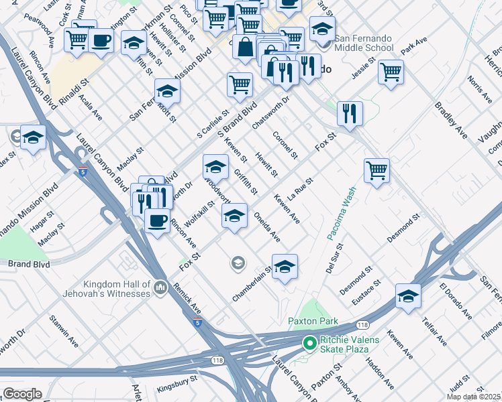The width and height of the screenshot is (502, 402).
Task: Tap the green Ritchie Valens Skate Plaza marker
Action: coord(309,344)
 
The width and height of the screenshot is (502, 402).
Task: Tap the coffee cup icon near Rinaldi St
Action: coord(101,41)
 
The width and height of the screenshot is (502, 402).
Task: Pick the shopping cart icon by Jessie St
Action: coord(391,71)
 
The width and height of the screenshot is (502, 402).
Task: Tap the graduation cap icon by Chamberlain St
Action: coord(285,267)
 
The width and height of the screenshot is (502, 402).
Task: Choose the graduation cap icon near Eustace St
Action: coord(408,295)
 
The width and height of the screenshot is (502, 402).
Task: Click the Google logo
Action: coord(22,393)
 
